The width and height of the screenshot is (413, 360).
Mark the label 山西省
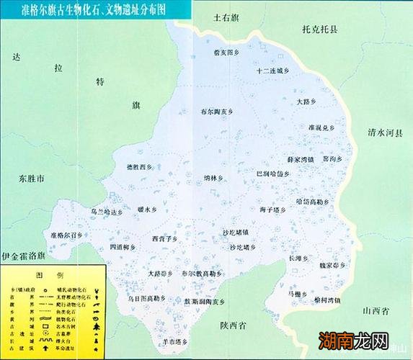(x=376, y=310)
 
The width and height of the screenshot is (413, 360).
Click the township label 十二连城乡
(x=272, y=71)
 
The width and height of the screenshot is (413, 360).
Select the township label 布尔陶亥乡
(x=218, y=112)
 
